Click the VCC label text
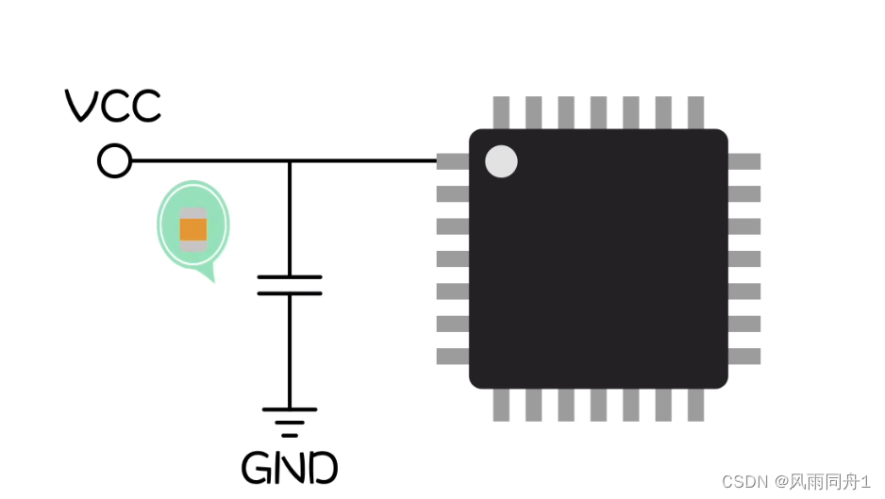(x=113, y=106)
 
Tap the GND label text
(x=290, y=467)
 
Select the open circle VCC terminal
(x=114, y=161)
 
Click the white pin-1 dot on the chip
(x=501, y=161)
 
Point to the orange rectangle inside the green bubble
(x=192, y=228)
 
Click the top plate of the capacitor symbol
(x=290, y=277)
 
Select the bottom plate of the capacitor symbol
(x=290, y=293)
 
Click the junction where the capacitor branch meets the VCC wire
(x=290, y=161)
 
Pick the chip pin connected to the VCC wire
(x=453, y=161)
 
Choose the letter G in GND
(x=257, y=467)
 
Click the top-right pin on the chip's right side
(x=744, y=161)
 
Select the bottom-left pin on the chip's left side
(x=453, y=357)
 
